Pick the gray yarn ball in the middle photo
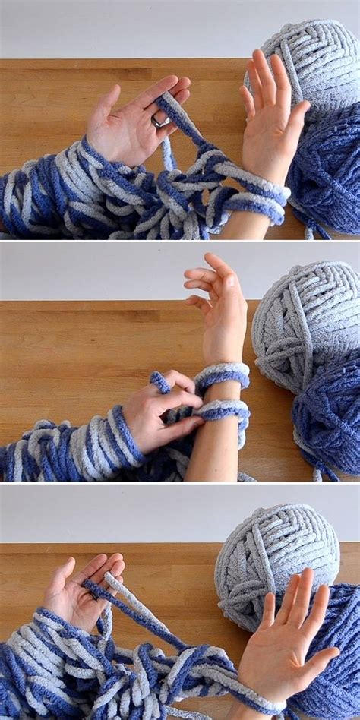coord(304,327)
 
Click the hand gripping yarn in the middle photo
coord(163,414)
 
